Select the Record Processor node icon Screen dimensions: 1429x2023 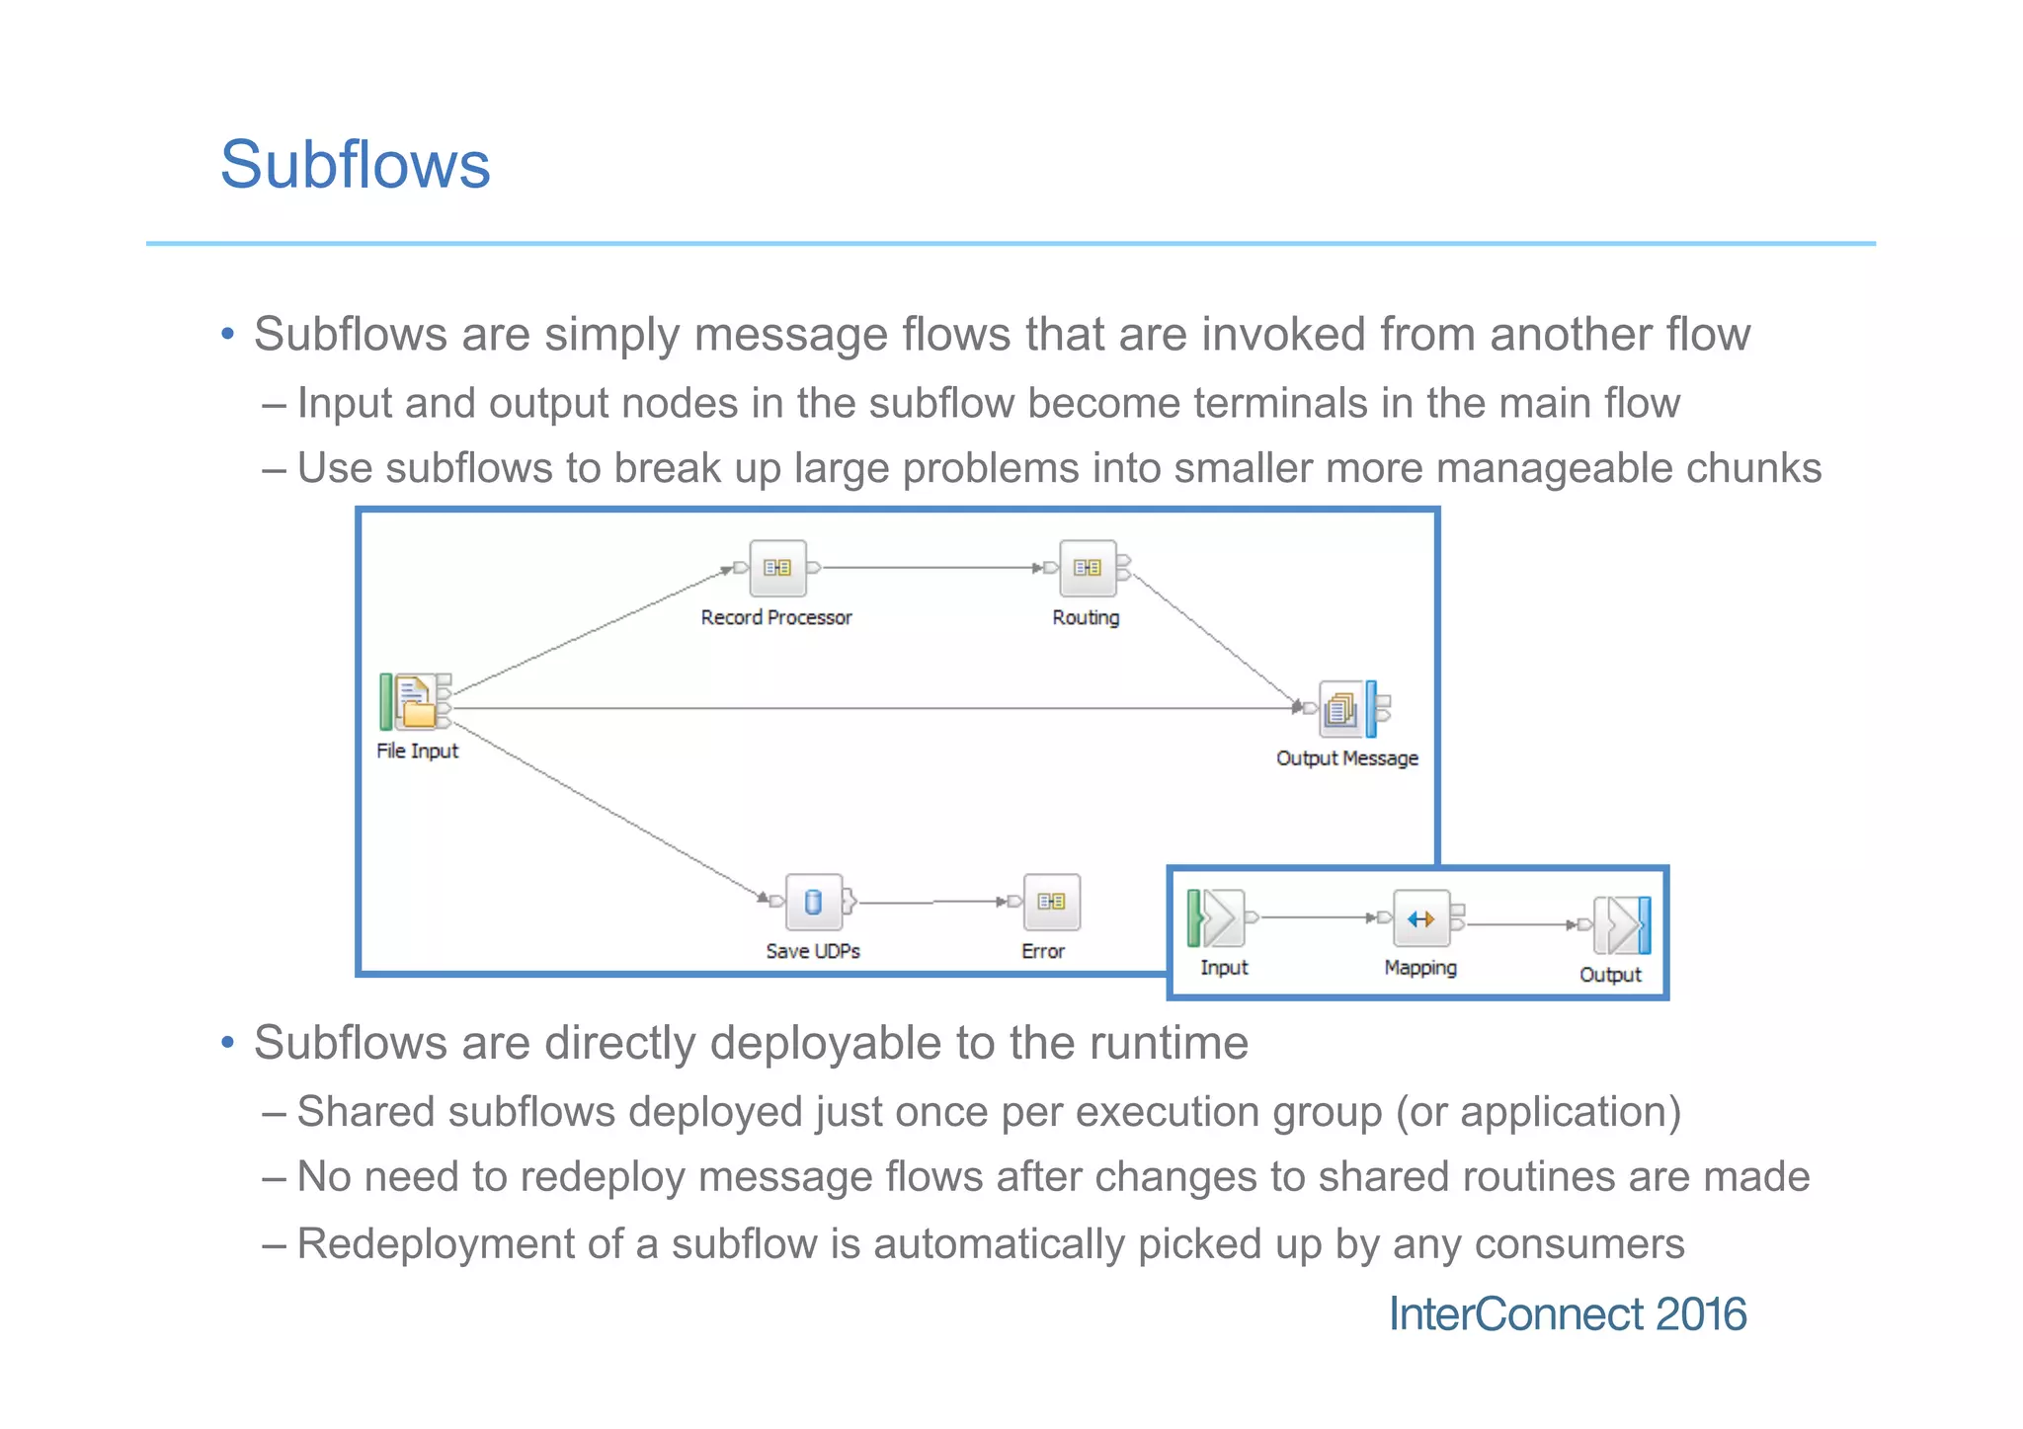[x=777, y=568]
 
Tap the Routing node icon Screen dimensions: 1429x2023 [x=1087, y=568]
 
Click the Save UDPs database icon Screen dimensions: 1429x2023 [x=813, y=902]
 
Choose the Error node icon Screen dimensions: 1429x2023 [x=1051, y=902]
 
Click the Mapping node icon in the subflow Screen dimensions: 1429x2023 [x=1420, y=919]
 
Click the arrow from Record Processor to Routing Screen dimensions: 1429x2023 [x=929, y=568]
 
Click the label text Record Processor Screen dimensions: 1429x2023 [x=776, y=618]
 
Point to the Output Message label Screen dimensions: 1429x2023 [x=1346, y=758]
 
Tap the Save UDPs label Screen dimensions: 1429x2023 [x=813, y=951]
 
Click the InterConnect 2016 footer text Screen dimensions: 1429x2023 [x=1568, y=1314]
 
